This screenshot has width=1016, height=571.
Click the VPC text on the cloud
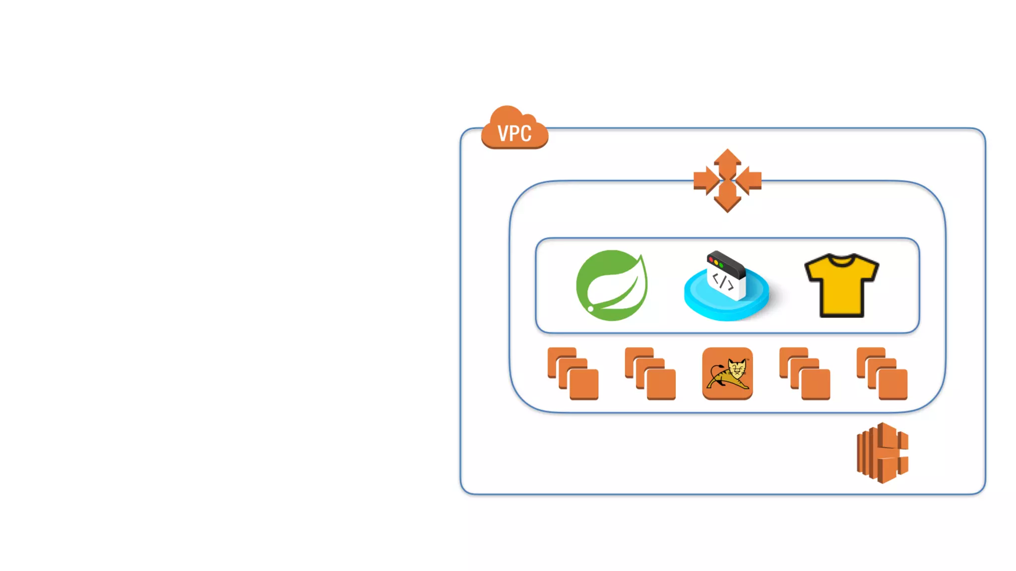click(514, 133)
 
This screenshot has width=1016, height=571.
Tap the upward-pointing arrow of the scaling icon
click(727, 162)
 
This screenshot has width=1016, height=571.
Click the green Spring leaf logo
click(612, 285)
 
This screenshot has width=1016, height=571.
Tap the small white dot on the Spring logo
click(591, 309)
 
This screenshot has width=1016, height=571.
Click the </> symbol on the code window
click(723, 282)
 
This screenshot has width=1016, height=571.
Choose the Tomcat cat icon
click(727, 374)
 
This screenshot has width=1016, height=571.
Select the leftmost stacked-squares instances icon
click(573, 374)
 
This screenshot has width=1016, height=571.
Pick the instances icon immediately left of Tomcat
click(650, 374)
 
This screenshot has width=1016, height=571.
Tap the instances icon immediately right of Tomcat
click(805, 374)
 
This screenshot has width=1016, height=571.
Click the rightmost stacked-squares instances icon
click(882, 374)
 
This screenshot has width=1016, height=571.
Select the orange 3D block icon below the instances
click(883, 453)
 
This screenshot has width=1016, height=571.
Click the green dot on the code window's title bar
click(721, 265)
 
